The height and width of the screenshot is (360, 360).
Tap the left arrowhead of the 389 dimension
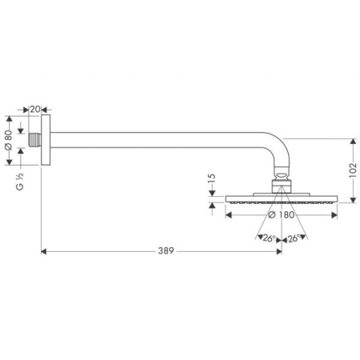pyautogui.click(x=43, y=251)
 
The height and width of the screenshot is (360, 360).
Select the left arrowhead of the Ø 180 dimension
pyautogui.click(x=230, y=214)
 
